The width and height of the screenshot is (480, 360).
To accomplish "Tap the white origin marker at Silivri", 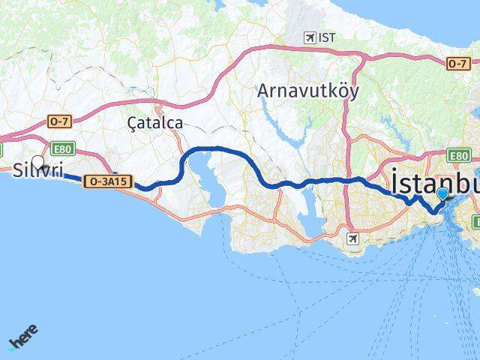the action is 37,161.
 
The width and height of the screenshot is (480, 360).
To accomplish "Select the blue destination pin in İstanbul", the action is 442,194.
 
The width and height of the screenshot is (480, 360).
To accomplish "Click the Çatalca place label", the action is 155,121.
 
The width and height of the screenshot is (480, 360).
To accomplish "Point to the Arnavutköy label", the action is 307,91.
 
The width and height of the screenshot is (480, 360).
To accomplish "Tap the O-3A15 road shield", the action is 106,181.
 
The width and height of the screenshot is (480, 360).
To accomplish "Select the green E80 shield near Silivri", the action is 62,148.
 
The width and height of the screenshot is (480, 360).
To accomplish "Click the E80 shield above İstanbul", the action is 459,155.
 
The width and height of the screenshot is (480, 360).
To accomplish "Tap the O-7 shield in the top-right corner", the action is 458,64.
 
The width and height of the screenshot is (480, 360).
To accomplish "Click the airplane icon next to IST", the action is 308,37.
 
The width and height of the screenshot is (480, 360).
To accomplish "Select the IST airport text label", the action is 326,37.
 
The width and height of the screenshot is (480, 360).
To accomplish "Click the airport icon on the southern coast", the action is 353,238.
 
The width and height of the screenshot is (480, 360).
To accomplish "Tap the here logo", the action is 23,338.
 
